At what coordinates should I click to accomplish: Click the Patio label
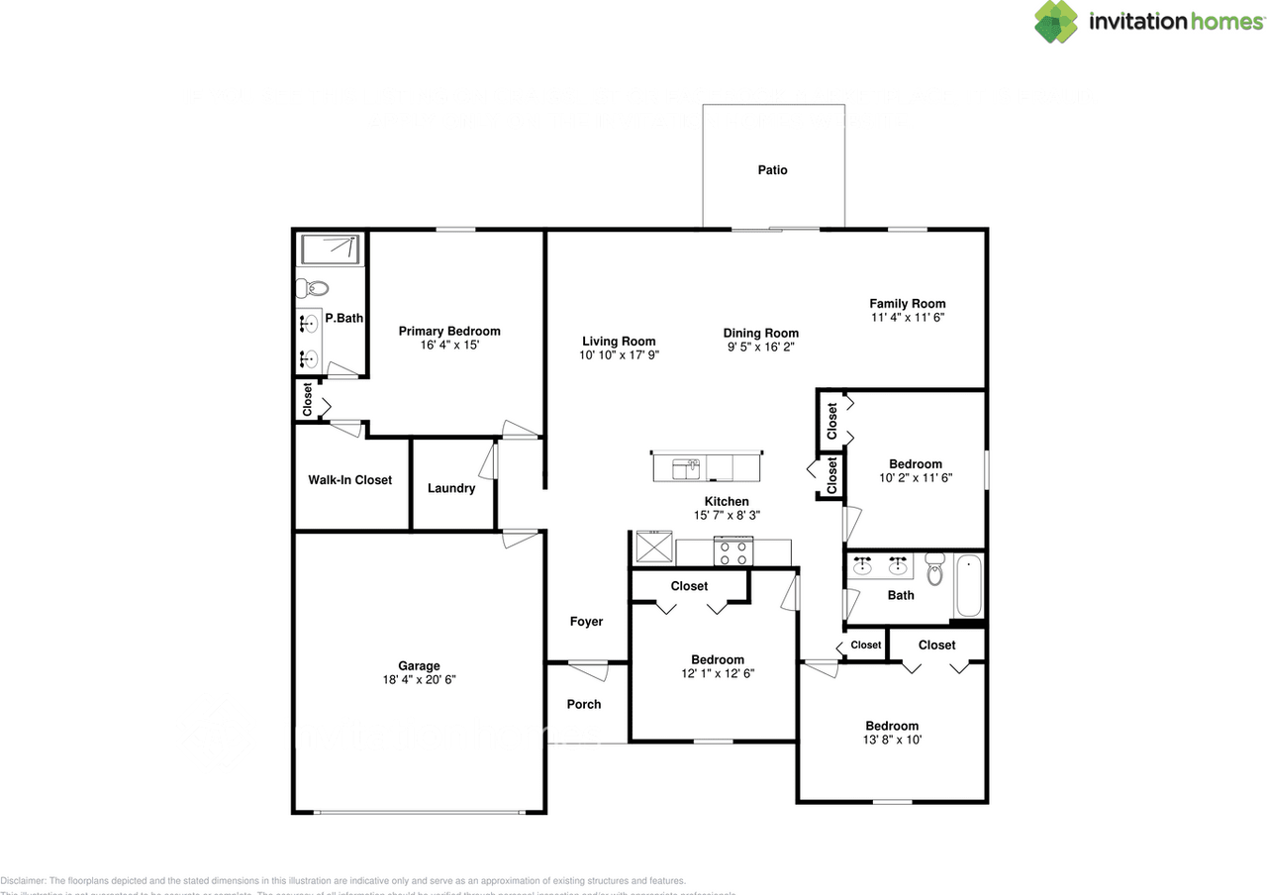pyautogui.click(x=772, y=170)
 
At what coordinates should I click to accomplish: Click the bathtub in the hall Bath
pyautogui.click(x=967, y=586)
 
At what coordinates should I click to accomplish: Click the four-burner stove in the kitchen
pyautogui.click(x=733, y=551)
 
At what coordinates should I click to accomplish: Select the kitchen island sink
pyautogui.click(x=686, y=466)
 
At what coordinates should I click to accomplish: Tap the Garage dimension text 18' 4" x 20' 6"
pyautogui.click(x=419, y=680)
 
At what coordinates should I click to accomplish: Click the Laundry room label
pyautogui.click(x=451, y=488)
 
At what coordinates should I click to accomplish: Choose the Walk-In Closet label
pyautogui.click(x=349, y=480)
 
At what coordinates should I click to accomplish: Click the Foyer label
pyautogui.click(x=586, y=622)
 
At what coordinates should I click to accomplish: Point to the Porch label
pyautogui.click(x=583, y=704)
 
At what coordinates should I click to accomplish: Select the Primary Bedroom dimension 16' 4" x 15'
pyautogui.click(x=449, y=346)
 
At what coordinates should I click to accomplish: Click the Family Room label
pyautogui.click(x=907, y=304)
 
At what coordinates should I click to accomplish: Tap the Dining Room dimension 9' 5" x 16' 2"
pyautogui.click(x=760, y=348)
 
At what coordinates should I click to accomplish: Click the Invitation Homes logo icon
pyautogui.click(x=1056, y=22)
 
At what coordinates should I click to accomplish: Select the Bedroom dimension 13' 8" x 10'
pyautogui.click(x=892, y=740)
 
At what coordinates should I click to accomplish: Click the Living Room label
pyautogui.click(x=619, y=342)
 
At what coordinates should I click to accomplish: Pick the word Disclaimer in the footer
pyautogui.click(x=23, y=880)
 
